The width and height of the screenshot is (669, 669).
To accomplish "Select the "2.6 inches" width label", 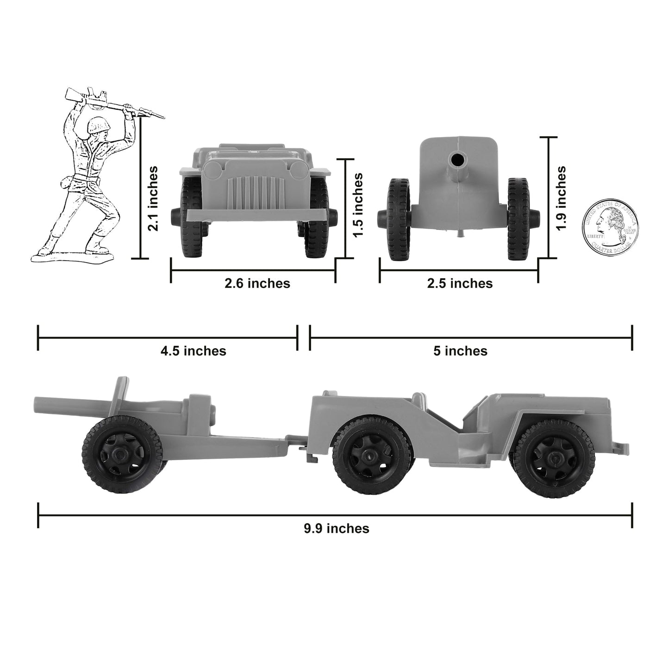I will (x=257, y=283).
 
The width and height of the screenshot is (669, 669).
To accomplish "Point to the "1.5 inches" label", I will (x=358, y=205).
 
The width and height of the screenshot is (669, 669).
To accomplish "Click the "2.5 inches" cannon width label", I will (x=460, y=283).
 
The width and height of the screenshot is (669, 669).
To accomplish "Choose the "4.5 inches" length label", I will (x=193, y=351).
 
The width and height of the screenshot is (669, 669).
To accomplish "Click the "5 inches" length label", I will (x=460, y=351).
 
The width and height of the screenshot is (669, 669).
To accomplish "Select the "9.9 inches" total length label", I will (x=336, y=528).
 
